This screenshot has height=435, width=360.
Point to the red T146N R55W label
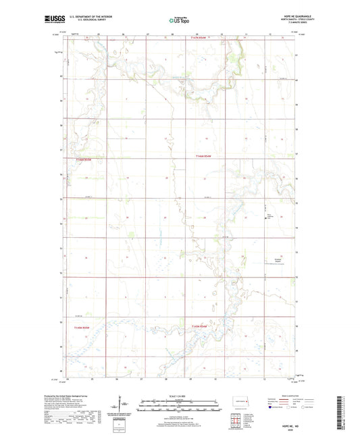click(82, 159)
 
